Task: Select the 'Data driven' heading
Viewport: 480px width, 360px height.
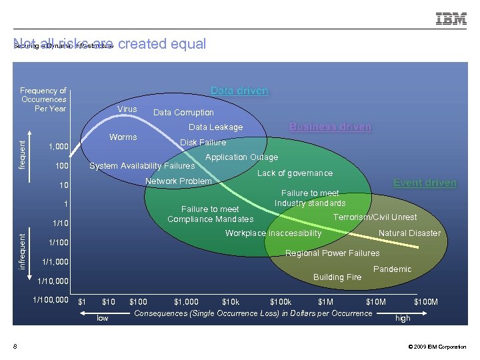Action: pyautogui.click(x=239, y=91)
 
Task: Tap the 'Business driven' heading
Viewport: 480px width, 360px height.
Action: pyautogui.click(x=330, y=127)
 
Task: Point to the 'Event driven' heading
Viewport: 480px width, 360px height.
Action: pyautogui.click(x=425, y=183)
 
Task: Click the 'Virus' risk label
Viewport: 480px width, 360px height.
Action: pyautogui.click(x=127, y=109)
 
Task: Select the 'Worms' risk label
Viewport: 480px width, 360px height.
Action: pyautogui.click(x=123, y=137)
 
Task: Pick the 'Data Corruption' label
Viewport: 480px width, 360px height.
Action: pyautogui.click(x=183, y=113)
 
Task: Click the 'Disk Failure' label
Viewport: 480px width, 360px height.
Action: pyautogui.click(x=203, y=142)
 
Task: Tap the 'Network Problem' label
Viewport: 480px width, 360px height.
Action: pyautogui.click(x=178, y=181)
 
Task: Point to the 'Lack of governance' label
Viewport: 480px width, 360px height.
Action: pyautogui.click(x=295, y=173)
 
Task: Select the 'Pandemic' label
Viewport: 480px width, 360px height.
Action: pyautogui.click(x=392, y=269)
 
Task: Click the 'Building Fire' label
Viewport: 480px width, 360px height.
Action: pyautogui.click(x=337, y=277)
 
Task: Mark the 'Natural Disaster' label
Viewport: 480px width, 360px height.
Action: pyautogui.click(x=409, y=233)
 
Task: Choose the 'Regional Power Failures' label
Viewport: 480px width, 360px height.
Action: pyautogui.click(x=332, y=253)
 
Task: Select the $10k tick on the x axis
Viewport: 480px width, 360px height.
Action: pyautogui.click(x=231, y=302)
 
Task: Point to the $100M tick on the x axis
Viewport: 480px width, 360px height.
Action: pyautogui.click(x=426, y=302)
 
